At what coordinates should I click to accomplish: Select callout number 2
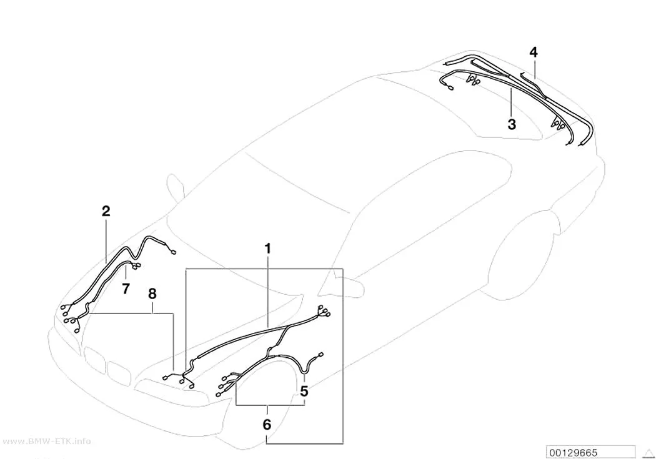[106, 211]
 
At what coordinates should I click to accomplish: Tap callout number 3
[512, 124]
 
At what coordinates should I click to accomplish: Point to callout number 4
[534, 52]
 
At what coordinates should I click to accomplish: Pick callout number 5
[304, 392]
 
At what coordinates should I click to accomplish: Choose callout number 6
[267, 425]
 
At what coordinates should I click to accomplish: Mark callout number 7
[126, 289]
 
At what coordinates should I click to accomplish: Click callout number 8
[152, 294]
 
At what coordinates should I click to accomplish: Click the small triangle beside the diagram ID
[649, 453]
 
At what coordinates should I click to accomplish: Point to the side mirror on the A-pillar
[176, 187]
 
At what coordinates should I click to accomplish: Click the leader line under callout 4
[534, 69]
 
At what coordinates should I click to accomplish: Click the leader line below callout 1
[268, 291]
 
